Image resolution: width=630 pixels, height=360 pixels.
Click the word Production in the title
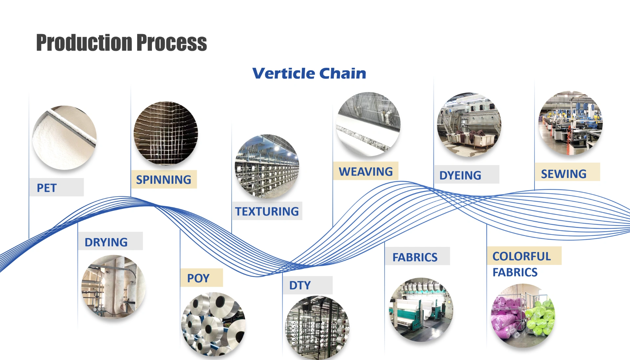coord(84,43)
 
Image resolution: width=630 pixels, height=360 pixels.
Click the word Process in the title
coord(171,43)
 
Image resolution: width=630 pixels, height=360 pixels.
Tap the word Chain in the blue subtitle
coord(343,73)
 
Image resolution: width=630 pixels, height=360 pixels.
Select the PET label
coord(47,188)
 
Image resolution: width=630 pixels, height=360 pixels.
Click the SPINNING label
coord(163,180)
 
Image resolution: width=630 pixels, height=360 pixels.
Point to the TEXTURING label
coord(267,211)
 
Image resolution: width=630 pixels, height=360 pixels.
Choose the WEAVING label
coord(366,171)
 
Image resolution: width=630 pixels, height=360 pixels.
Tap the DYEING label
coord(460,175)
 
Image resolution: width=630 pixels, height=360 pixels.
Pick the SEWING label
coord(563,174)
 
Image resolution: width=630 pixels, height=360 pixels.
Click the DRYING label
coord(106,242)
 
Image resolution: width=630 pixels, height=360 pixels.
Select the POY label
coord(198,278)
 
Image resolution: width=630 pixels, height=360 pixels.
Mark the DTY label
coord(300,285)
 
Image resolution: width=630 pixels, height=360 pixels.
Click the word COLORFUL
coord(521,256)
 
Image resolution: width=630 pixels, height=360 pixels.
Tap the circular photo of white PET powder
coord(64,138)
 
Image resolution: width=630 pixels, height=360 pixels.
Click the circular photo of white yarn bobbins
coord(213,324)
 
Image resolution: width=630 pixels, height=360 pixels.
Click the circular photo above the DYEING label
coord(469,125)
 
